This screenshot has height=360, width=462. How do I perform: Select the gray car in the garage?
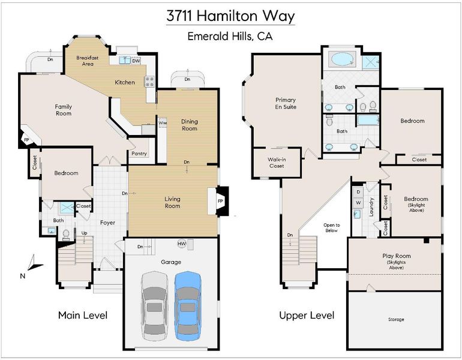(155, 306)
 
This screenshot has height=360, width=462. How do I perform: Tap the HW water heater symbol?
(182, 244)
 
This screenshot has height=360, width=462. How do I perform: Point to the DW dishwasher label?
(136, 61)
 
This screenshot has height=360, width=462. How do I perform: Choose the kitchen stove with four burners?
(149, 82)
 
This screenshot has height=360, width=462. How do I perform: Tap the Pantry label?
(139, 154)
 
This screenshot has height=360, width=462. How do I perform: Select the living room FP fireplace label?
(220, 201)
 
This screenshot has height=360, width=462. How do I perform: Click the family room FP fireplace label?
(26, 140)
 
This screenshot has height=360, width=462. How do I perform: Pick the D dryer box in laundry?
(358, 192)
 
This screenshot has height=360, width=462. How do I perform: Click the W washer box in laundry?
(358, 203)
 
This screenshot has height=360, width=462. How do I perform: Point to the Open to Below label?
(331, 228)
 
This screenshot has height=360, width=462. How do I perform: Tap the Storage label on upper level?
(396, 319)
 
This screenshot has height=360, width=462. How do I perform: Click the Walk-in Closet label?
(277, 163)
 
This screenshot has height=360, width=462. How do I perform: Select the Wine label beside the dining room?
(163, 122)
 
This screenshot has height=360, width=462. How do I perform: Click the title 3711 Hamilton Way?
(230, 16)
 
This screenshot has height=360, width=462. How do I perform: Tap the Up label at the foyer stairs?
(84, 233)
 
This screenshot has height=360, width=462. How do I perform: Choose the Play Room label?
(397, 256)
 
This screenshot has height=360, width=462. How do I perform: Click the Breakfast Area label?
(88, 61)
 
